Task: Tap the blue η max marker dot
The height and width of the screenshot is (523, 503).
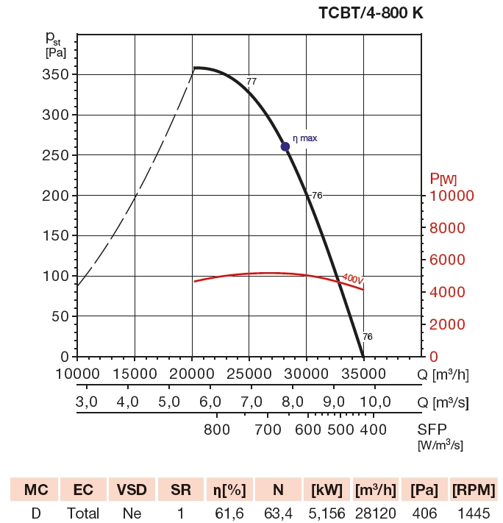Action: [x=285, y=146]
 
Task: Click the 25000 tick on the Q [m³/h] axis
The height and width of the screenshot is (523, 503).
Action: [x=249, y=374]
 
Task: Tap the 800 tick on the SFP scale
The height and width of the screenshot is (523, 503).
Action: [x=217, y=430]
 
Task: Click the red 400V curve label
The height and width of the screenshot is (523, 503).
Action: [x=352, y=279]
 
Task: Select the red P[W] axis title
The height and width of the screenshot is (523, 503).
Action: [x=443, y=179]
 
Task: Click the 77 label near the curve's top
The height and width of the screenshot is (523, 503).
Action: [x=251, y=81]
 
